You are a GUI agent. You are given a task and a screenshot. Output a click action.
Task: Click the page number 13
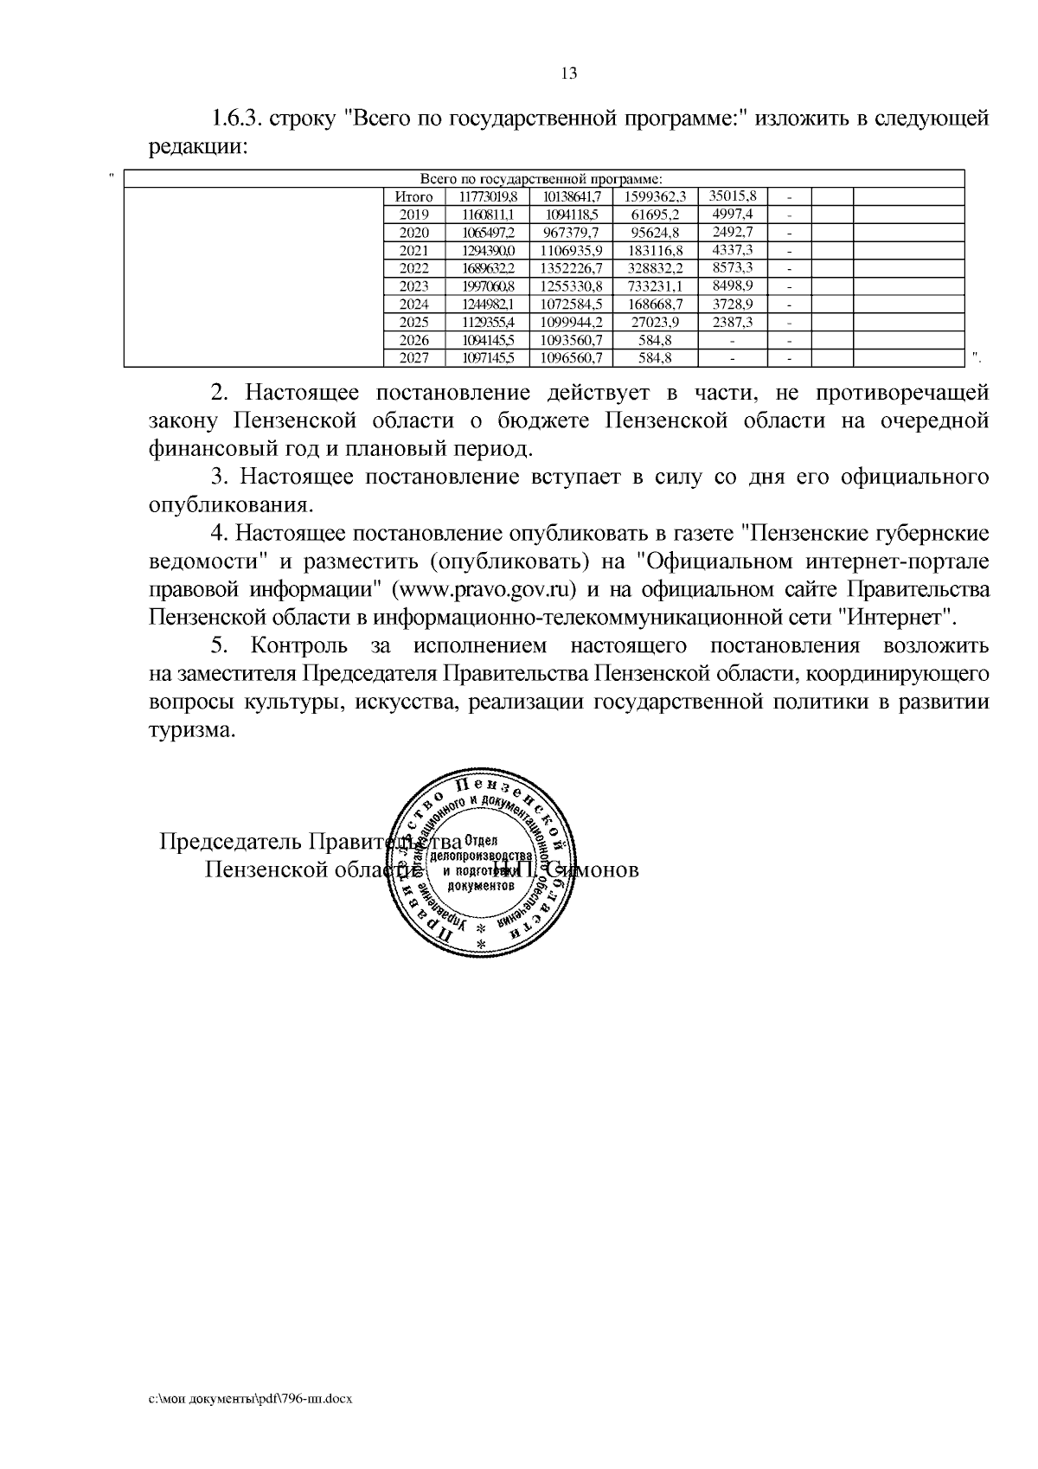[569, 74]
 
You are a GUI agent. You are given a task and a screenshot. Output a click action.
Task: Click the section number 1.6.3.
[235, 119]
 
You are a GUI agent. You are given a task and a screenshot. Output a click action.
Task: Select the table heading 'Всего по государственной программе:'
[541, 179]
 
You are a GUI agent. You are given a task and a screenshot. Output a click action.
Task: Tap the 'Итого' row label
[413, 197]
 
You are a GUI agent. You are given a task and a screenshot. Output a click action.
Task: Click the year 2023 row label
[413, 286]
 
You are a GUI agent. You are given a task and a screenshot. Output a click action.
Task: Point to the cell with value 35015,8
[732, 196]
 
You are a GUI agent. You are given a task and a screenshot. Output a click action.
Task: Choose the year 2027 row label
[413, 357]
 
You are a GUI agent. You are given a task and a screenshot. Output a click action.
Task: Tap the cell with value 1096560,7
[571, 357]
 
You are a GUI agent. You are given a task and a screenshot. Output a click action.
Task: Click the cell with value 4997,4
[732, 215]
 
